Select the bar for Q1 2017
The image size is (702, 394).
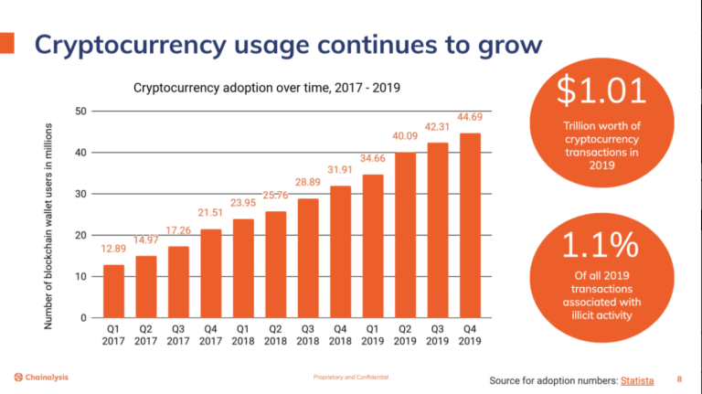click(114, 291)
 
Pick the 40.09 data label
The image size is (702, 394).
click(406, 137)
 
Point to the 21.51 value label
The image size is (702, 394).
click(211, 213)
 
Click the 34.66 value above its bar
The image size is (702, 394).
click(373, 158)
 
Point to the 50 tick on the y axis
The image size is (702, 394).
click(80, 112)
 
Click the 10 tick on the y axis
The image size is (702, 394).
click(80, 276)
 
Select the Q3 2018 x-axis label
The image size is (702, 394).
click(308, 334)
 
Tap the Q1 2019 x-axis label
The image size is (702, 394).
click(373, 334)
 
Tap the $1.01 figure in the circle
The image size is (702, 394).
click(601, 91)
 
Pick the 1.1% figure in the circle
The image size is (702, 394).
click(601, 247)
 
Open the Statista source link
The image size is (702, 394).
click(637, 378)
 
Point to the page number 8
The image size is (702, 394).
click(679, 378)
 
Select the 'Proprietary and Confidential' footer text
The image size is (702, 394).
click(350, 378)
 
